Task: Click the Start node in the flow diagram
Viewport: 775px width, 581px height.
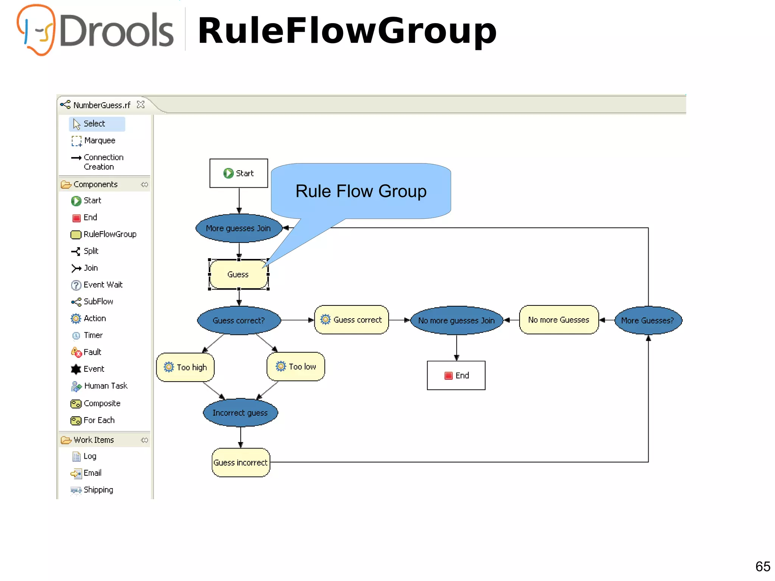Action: click(239, 173)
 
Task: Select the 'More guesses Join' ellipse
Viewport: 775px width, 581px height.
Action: click(238, 228)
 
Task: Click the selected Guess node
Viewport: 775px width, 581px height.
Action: click(238, 274)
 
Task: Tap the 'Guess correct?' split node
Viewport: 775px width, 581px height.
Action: click(239, 321)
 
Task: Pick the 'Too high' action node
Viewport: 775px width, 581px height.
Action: click(185, 367)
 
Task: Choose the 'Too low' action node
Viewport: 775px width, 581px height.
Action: click(296, 366)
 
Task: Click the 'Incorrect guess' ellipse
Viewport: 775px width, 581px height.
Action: click(240, 413)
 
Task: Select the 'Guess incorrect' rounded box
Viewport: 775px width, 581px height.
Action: click(241, 463)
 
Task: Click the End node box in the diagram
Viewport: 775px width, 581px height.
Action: click(456, 375)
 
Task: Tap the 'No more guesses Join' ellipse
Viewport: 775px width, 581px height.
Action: click(456, 321)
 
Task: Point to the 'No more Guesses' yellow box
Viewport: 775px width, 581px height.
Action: click(559, 320)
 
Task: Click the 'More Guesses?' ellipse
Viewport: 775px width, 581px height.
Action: click(648, 321)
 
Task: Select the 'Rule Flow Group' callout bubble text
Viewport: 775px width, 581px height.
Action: click(361, 191)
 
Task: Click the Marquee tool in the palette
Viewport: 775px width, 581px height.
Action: click(99, 140)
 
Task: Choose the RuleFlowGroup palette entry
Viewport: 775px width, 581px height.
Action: click(109, 234)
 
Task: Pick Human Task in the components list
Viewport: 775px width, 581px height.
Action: click(105, 386)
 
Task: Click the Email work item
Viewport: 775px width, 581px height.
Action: click(92, 473)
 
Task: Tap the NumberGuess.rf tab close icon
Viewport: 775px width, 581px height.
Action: click(141, 104)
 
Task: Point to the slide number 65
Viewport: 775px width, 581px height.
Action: click(763, 566)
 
